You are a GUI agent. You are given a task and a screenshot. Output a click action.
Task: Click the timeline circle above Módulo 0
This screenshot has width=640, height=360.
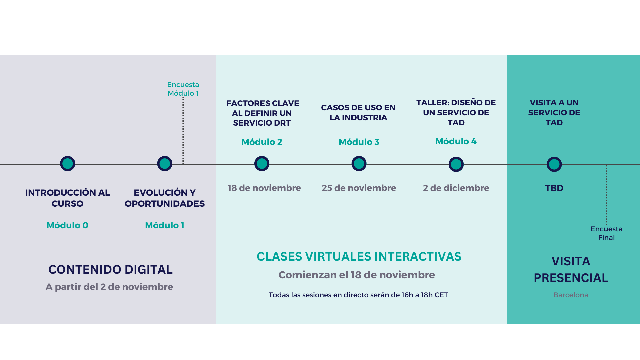pyautogui.click(x=68, y=164)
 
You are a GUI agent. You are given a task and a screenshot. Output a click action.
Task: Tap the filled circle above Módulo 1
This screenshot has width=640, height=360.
pyautogui.click(x=165, y=164)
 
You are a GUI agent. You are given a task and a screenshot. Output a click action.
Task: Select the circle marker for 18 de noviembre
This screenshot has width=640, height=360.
pyautogui.click(x=262, y=164)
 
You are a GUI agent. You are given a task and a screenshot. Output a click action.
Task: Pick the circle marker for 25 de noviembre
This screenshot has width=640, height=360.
pyautogui.click(x=359, y=164)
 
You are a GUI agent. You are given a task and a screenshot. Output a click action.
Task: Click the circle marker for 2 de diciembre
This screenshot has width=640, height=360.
pyautogui.click(x=456, y=164)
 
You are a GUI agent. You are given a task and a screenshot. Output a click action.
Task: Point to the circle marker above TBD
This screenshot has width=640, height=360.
pyautogui.click(x=554, y=164)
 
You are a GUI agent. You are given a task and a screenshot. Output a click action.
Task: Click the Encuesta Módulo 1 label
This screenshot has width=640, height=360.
pyautogui.click(x=183, y=89)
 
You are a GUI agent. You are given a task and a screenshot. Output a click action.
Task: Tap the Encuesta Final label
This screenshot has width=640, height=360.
pyautogui.click(x=606, y=233)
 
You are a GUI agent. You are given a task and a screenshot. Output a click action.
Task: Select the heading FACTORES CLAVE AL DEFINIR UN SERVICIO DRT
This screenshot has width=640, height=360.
pyautogui.click(x=262, y=113)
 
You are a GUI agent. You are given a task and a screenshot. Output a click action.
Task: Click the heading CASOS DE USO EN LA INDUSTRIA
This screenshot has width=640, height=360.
pyautogui.click(x=358, y=113)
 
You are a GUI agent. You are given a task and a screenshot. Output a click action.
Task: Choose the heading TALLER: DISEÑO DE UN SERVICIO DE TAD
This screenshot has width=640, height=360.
pyautogui.click(x=456, y=113)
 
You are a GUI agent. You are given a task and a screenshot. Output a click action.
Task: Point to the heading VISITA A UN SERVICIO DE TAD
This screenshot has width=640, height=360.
pyautogui.click(x=554, y=113)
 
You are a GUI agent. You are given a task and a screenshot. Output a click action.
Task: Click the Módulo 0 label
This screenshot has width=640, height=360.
pyautogui.click(x=67, y=225)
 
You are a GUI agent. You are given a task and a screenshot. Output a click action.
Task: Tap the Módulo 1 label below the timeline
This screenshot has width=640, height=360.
pyautogui.click(x=165, y=225)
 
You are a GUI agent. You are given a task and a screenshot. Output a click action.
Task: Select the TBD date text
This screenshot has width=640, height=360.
pyautogui.click(x=554, y=188)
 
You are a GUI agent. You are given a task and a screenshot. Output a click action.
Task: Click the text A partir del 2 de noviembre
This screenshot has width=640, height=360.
pyautogui.click(x=109, y=287)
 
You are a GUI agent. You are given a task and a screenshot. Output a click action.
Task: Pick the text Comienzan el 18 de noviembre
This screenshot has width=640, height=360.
pyautogui.click(x=357, y=275)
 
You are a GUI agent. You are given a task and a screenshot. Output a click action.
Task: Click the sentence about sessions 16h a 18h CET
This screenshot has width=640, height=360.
pyautogui.click(x=358, y=295)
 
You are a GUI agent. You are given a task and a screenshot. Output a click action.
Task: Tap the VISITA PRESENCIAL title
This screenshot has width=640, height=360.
pyautogui.click(x=571, y=269)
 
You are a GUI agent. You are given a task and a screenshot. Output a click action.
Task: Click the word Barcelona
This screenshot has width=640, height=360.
pyautogui.click(x=571, y=295)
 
